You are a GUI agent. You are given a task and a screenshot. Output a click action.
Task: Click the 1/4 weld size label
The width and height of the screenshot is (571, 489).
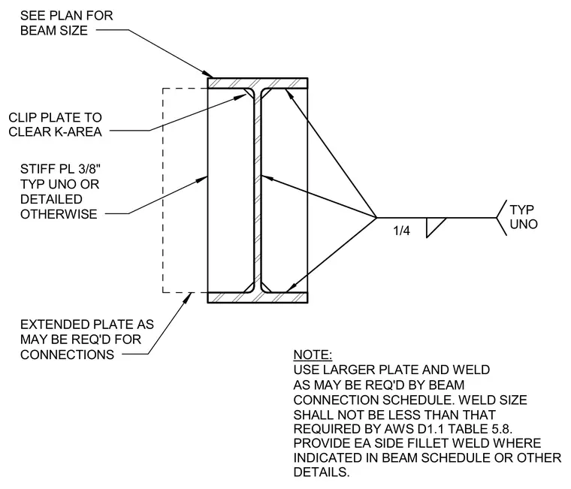coord(401,231)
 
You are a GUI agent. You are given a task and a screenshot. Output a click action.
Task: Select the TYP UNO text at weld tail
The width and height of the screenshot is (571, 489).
coord(524,217)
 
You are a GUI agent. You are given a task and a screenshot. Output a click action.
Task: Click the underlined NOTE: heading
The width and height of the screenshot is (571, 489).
coord(313,355)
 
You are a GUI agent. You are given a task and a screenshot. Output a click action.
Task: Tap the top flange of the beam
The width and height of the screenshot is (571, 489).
coord(258,83)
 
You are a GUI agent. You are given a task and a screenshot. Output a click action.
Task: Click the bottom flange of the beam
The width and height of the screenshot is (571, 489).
coord(258,297)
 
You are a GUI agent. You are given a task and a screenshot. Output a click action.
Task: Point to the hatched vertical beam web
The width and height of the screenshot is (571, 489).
coord(258,190)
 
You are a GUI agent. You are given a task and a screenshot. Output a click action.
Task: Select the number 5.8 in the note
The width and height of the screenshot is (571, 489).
coord(502,429)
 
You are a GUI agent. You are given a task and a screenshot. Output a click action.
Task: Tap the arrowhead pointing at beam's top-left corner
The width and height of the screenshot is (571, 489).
coord(208,74)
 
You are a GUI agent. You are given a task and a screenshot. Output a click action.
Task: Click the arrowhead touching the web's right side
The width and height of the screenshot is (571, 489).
coord(267,178)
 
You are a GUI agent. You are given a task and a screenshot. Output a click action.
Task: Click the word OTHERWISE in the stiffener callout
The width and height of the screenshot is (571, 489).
coord(59,214)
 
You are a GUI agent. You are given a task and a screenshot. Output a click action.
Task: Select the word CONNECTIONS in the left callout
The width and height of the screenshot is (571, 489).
coord(68,355)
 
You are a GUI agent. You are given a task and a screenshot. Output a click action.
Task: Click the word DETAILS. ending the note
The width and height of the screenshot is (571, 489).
coord(322,472)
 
